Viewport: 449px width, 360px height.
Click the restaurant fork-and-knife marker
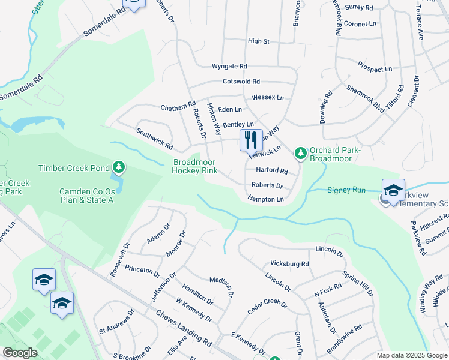tap(251, 140)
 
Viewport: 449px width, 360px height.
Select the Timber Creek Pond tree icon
tap(119, 166)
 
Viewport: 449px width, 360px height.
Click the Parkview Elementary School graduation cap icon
tap(393, 190)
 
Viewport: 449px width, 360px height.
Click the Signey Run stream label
tap(346, 190)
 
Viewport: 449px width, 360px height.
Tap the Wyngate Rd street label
tap(229, 66)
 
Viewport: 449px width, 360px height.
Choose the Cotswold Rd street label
tap(241, 81)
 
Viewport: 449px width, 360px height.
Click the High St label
tap(259, 41)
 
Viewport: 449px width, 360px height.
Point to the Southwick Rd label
tap(154, 139)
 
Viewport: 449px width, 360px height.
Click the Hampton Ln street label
tap(265, 199)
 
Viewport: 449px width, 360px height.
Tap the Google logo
tap(19, 353)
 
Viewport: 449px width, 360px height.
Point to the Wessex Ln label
tap(267, 97)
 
